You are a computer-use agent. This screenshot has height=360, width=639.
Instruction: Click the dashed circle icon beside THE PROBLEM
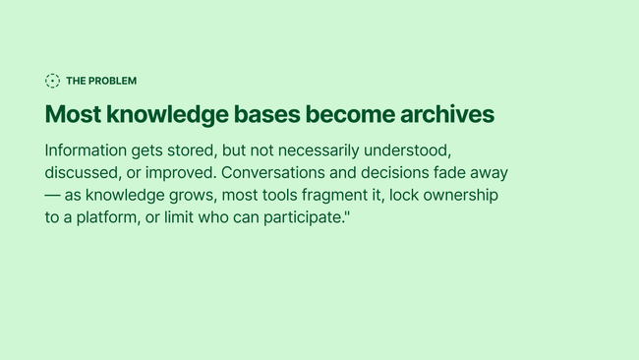point(52,81)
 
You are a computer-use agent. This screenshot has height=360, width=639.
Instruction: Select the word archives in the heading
point(447,114)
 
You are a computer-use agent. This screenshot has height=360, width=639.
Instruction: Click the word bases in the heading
point(267,114)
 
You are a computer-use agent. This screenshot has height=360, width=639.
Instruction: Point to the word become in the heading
point(350,114)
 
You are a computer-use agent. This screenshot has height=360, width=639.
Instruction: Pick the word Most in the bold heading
point(73,114)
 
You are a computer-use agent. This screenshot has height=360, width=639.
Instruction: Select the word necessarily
point(319,150)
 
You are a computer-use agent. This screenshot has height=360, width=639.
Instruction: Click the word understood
point(408,150)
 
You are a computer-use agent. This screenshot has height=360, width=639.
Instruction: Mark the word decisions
point(395,173)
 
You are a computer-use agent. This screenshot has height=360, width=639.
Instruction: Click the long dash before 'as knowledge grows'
point(52,196)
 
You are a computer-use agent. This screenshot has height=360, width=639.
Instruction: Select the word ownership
point(460,196)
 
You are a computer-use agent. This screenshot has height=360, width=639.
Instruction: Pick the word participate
point(304,217)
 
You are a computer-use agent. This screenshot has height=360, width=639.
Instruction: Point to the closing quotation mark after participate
point(348,212)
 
